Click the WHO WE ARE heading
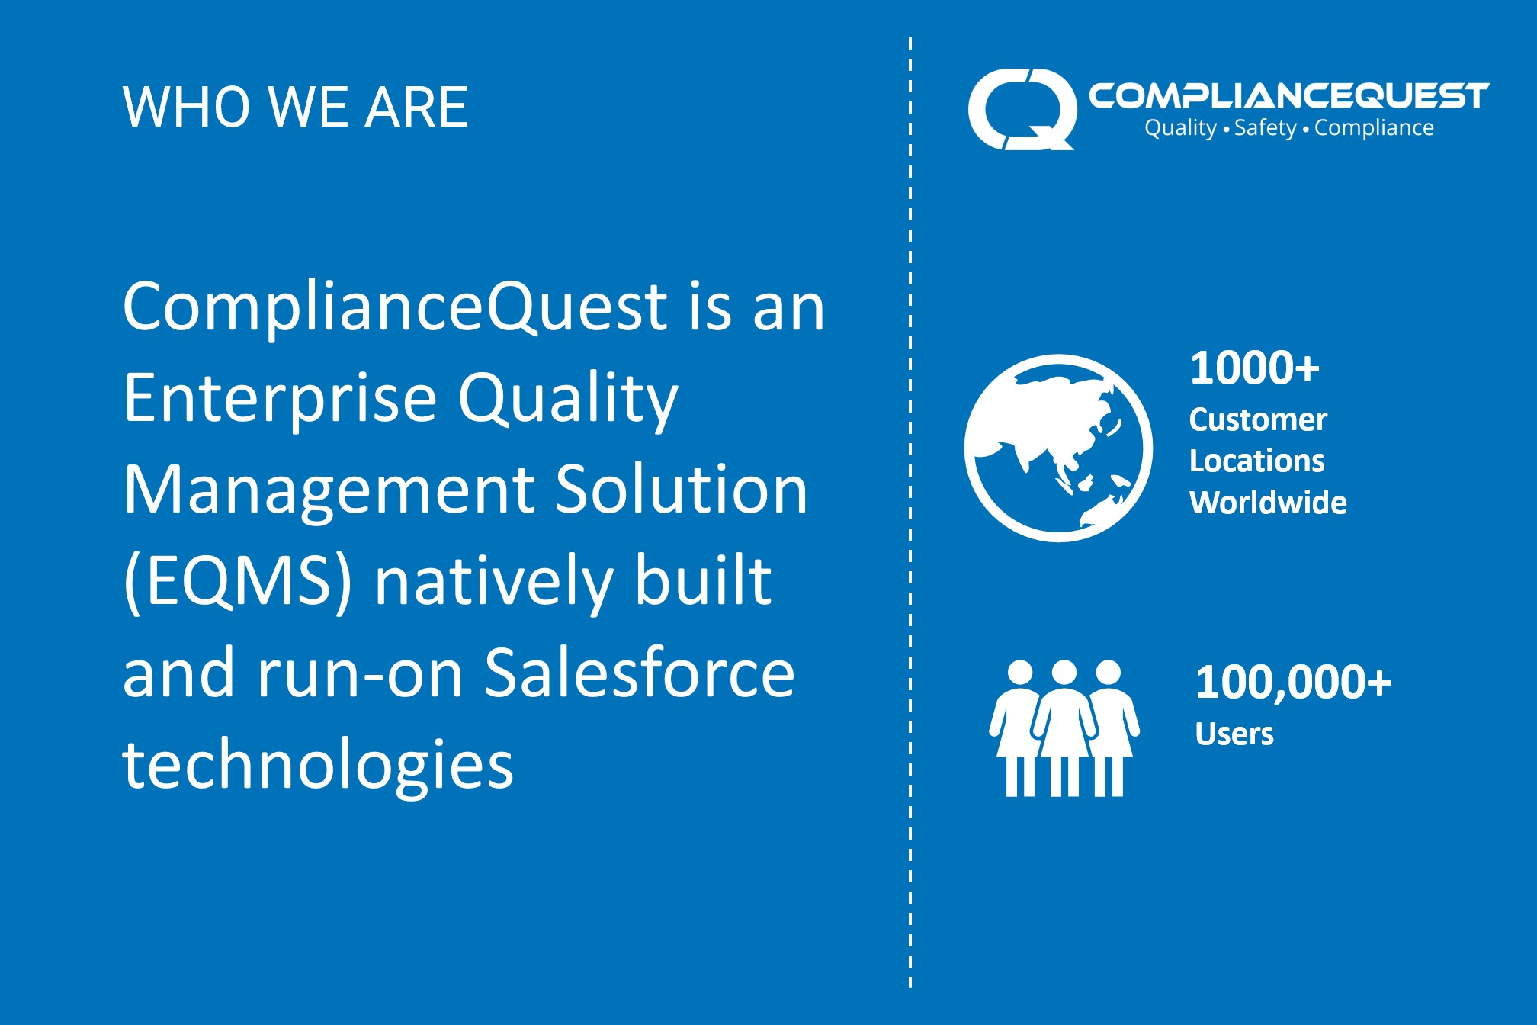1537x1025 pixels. pyautogui.click(x=295, y=107)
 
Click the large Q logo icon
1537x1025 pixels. pyautogui.click(x=1021, y=109)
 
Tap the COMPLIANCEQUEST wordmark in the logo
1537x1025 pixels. pyautogui.click(x=1288, y=96)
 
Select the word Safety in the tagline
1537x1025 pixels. pyautogui.click(x=1265, y=128)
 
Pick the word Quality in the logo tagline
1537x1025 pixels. pyautogui.click(x=1180, y=128)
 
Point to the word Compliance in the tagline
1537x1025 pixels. pyautogui.click(x=1374, y=128)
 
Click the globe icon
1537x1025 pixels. pyautogui.click(x=1058, y=448)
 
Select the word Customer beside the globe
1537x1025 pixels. pyautogui.click(x=1258, y=419)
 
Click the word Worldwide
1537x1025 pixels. pyautogui.click(x=1268, y=502)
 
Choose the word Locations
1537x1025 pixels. pyautogui.click(x=1256, y=461)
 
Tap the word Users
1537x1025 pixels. pyautogui.click(x=1234, y=734)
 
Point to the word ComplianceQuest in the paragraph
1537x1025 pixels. pyautogui.click(x=396, y=307)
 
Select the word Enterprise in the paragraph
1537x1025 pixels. pyautogui.click(x=280, y=398)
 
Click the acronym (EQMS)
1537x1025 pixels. pyautogui.click(x=238, y=581)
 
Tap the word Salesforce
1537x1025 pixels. pyautogui.click(x=640, y=673)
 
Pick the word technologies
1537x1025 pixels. pyautogui.click(x=318, y=764)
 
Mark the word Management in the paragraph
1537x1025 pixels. pyautogui.click(x=329, y=490)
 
